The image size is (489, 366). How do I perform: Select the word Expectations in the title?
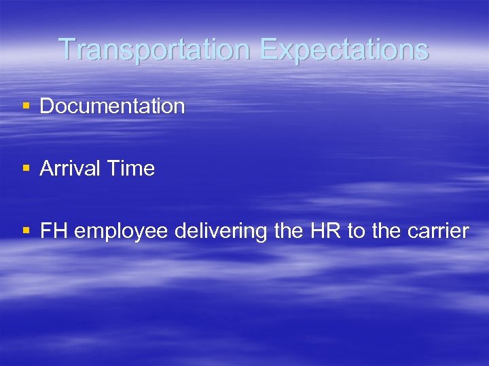point(344,49)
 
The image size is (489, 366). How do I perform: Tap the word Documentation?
point(112,106)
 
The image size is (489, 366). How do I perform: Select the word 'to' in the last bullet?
point(356,232)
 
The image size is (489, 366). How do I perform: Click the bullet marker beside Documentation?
point(26,106)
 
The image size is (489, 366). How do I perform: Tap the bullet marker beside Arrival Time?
point(26,169)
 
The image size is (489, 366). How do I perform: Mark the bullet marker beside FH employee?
point(26,232)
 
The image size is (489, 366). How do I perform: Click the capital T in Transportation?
point(66,49)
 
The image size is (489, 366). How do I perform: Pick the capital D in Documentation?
point(47,106)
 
